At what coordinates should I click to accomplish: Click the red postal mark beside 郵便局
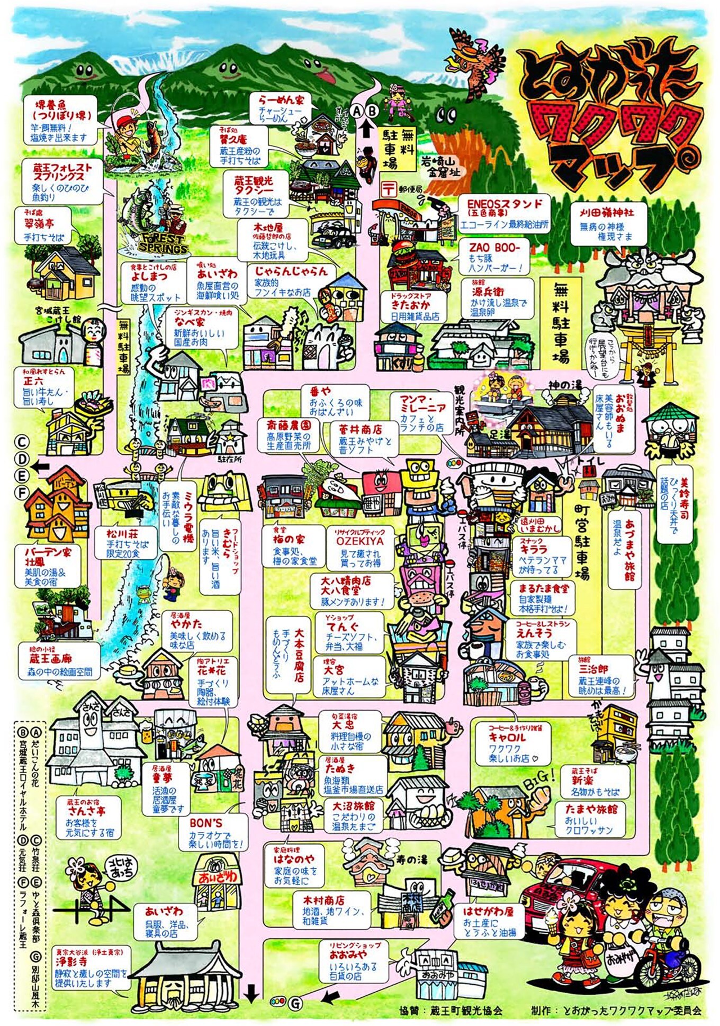389,187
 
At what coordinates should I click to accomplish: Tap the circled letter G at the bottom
296,1003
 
